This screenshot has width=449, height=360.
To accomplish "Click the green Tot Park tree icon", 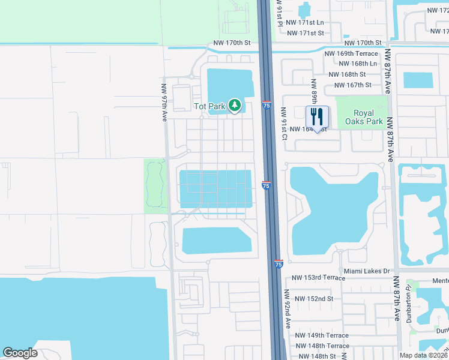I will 234,106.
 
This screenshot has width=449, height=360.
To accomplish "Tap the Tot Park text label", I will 209,106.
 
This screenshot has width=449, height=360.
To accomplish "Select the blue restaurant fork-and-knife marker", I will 318,116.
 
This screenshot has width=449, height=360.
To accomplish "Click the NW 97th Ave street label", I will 163,103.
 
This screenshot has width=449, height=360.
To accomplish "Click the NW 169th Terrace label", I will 351,53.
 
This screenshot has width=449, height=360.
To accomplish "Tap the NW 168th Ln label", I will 358,64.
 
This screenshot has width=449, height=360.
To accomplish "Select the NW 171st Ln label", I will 304,22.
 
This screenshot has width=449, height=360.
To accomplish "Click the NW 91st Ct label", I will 285,124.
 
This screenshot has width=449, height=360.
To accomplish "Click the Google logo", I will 20,353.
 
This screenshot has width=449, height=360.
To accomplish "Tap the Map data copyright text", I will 423,355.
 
